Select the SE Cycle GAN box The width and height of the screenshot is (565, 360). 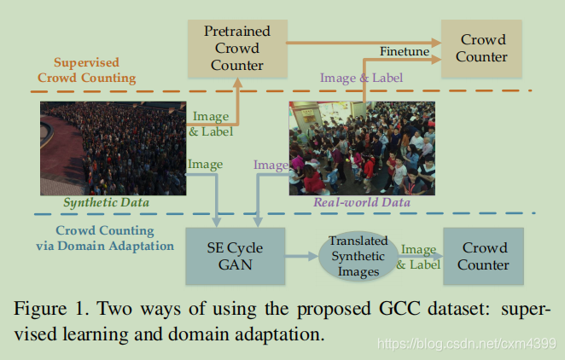pyautogui.click(x=235, y=256)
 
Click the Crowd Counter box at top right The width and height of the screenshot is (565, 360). pyautogui.click(x=483, y=49)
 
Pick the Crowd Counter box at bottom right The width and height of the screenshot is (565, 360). pyautogui.click(x=484, y=256)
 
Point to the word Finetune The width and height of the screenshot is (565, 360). pyautogui.click(x=405, y=52)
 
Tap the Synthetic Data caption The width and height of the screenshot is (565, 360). pyautogui.click(x=107, y=203)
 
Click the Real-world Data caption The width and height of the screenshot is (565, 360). pyautogui.click(x=362, y=203)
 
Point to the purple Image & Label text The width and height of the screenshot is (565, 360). pyautogui.click(x=361, y=78)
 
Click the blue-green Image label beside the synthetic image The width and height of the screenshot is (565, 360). pyautogui.click(x=205, y=164)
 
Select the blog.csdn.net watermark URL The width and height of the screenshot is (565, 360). pyautogui.click(x=468, y=343)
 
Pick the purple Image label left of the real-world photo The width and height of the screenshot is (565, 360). pyautogui.click(x=271, y=165)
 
